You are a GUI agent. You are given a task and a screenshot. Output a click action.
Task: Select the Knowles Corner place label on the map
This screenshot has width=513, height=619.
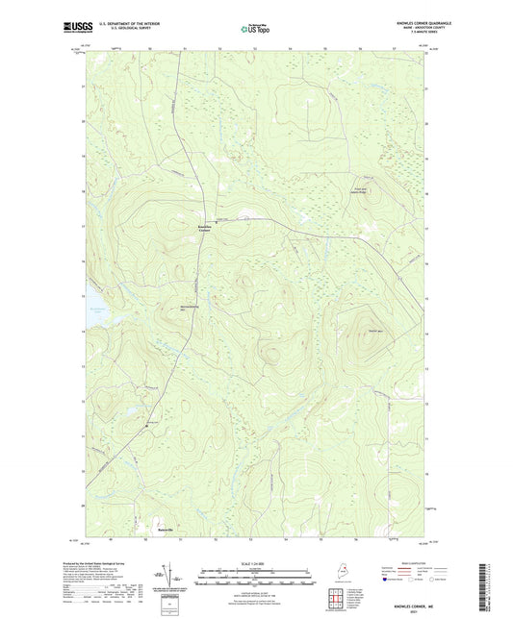click(204, 228)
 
